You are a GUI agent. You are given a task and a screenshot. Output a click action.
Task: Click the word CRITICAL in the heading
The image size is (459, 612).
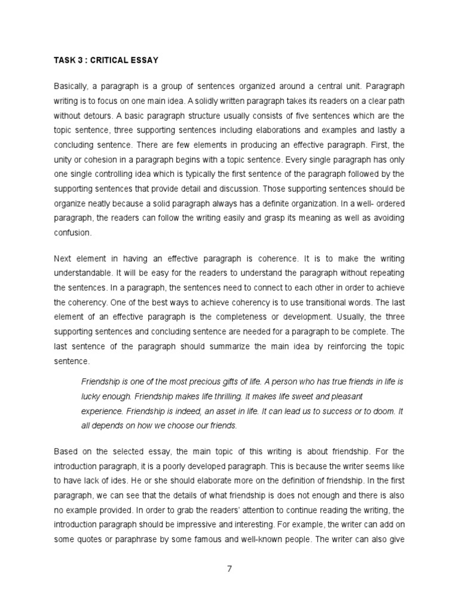tap(102, 60)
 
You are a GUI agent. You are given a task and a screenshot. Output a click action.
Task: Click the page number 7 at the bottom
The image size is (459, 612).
tap(229, 568)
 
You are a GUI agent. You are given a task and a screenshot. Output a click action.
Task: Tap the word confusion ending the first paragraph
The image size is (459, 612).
tap(72, 233)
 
